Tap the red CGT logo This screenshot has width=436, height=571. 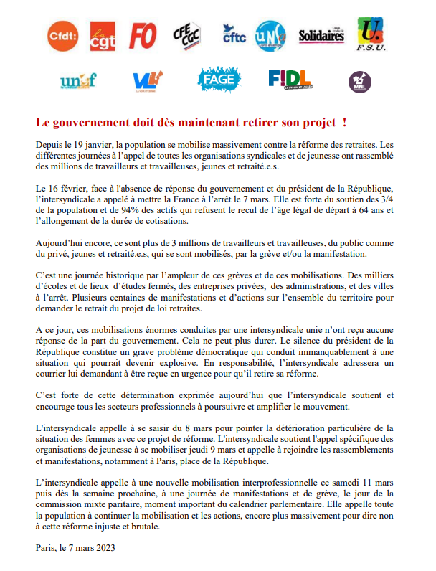point(102,36)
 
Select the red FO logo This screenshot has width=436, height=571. point(143,34)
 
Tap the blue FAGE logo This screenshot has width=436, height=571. point(219,80)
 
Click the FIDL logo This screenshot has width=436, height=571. point(290,79)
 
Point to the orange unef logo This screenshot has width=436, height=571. point(79,81)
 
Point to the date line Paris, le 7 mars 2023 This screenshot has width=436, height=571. point(75,548)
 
